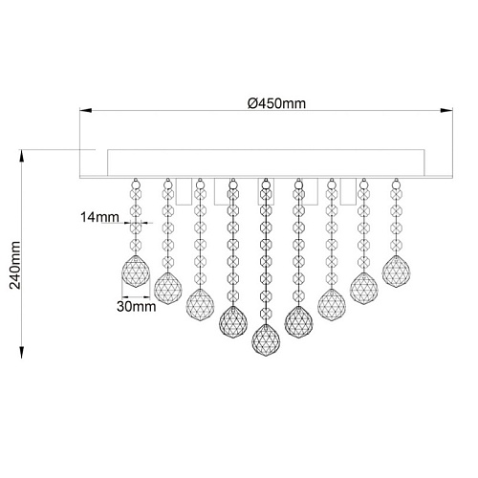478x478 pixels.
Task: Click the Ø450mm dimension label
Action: tap(276, 103)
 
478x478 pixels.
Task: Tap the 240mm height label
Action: tap(15, 265)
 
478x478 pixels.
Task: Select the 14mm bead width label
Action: tap(99, 217)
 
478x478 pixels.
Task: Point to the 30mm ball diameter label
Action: tap(137, 307)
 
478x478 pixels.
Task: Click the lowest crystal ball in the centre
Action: tap(266, 339)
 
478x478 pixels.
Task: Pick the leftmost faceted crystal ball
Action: tap(136, 272)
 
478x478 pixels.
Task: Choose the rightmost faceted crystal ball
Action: tap(396, 272)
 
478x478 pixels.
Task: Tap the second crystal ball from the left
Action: tap(168, 289)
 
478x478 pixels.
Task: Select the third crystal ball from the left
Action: tap(200, 305)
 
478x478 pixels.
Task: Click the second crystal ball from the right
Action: tap(364, 289)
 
